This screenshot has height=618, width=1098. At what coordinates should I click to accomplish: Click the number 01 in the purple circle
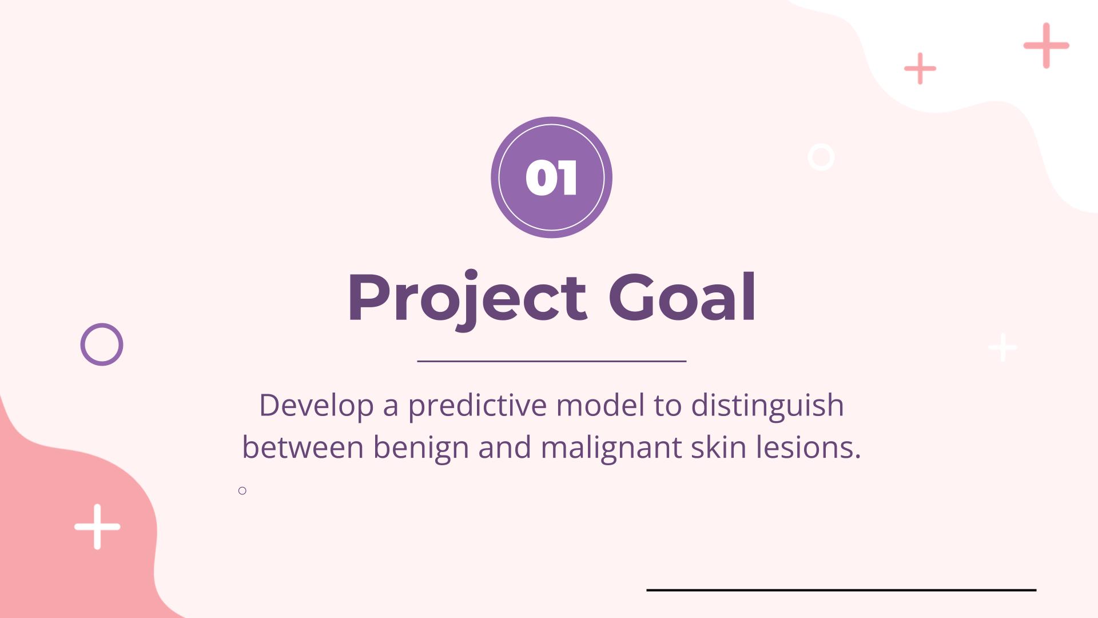point(551,177)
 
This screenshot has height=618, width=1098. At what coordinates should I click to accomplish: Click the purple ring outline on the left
point(82,344)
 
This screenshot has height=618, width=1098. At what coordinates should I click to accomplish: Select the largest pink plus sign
point(1046,45)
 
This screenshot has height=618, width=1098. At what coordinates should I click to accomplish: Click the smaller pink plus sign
point(920,69)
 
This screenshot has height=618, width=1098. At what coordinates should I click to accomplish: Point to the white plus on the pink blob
point(97,526)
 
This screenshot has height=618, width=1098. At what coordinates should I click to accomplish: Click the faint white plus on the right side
point(1002,347)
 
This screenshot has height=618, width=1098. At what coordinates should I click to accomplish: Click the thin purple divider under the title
point(551,361)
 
